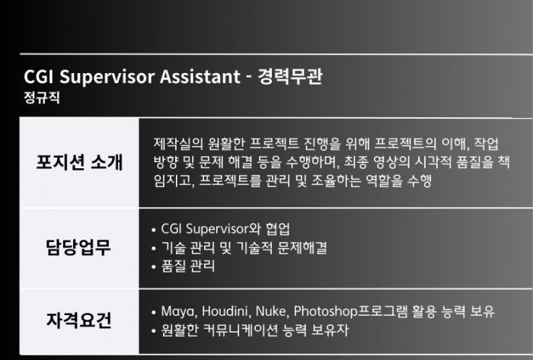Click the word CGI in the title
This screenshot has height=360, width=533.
tap(39, 76)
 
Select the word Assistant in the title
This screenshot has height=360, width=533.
tap(200, 76)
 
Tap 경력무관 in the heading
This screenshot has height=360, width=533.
tap(290, 77)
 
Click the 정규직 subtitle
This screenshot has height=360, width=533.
tap(42, 98)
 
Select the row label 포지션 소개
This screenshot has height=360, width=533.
tap(79, 162)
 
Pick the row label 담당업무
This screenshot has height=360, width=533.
tap(78, 247)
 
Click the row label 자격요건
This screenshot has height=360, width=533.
tap(79, 320)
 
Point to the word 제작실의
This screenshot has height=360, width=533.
tap(177, 143)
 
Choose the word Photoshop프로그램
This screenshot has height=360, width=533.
tap(350, 311)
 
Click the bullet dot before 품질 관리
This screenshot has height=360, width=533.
tap(154, 267)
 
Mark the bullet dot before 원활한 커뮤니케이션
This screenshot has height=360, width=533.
tap(154, 330)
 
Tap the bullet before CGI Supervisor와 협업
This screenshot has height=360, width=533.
tap(154, 230)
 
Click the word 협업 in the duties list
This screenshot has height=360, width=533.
tap(278, 228)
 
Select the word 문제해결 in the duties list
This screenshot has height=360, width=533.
tap(302, 247)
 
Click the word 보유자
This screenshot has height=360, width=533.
tap(330, 330)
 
